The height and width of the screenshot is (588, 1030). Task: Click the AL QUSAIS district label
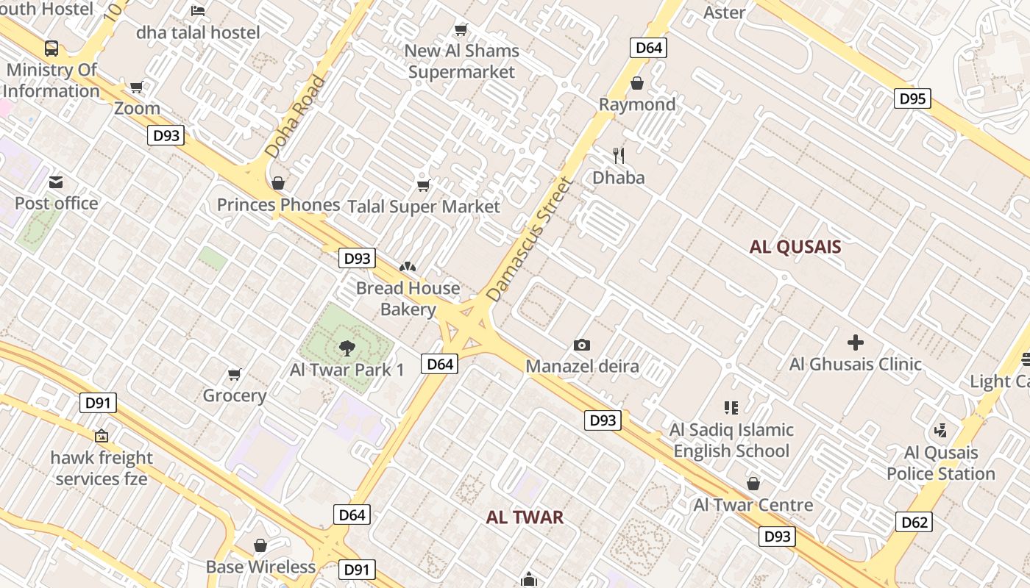point(795,247)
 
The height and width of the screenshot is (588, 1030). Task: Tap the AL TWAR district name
point(525,517)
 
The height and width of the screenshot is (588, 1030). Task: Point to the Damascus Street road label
point(529,239)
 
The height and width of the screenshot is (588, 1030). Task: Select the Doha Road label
point(295,117)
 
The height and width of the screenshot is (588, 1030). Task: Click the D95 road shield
point(912,98)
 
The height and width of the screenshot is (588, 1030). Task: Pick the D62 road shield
point(914,523)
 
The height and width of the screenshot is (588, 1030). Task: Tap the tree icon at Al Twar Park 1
point(347,348)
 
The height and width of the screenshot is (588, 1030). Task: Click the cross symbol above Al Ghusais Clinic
point(855,343)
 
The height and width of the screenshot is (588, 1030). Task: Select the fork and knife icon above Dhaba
point(619,156)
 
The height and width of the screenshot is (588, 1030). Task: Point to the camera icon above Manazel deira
point(582,345)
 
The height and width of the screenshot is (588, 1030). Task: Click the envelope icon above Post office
point(56,182)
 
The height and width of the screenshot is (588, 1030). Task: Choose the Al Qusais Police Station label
point(940,463)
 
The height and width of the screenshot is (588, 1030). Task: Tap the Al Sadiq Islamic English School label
point(731,440)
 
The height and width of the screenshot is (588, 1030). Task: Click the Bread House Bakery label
point(408,298)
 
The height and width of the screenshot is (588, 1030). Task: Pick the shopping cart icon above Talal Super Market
point(423,185)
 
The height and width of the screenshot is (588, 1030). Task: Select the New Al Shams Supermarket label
point(462,61)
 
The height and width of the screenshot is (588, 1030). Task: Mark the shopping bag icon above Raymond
point(637,83)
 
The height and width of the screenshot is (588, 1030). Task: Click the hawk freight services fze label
point(102,468)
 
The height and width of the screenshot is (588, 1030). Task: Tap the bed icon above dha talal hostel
point(198,11)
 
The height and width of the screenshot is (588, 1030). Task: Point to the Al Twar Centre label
point(753,505)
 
